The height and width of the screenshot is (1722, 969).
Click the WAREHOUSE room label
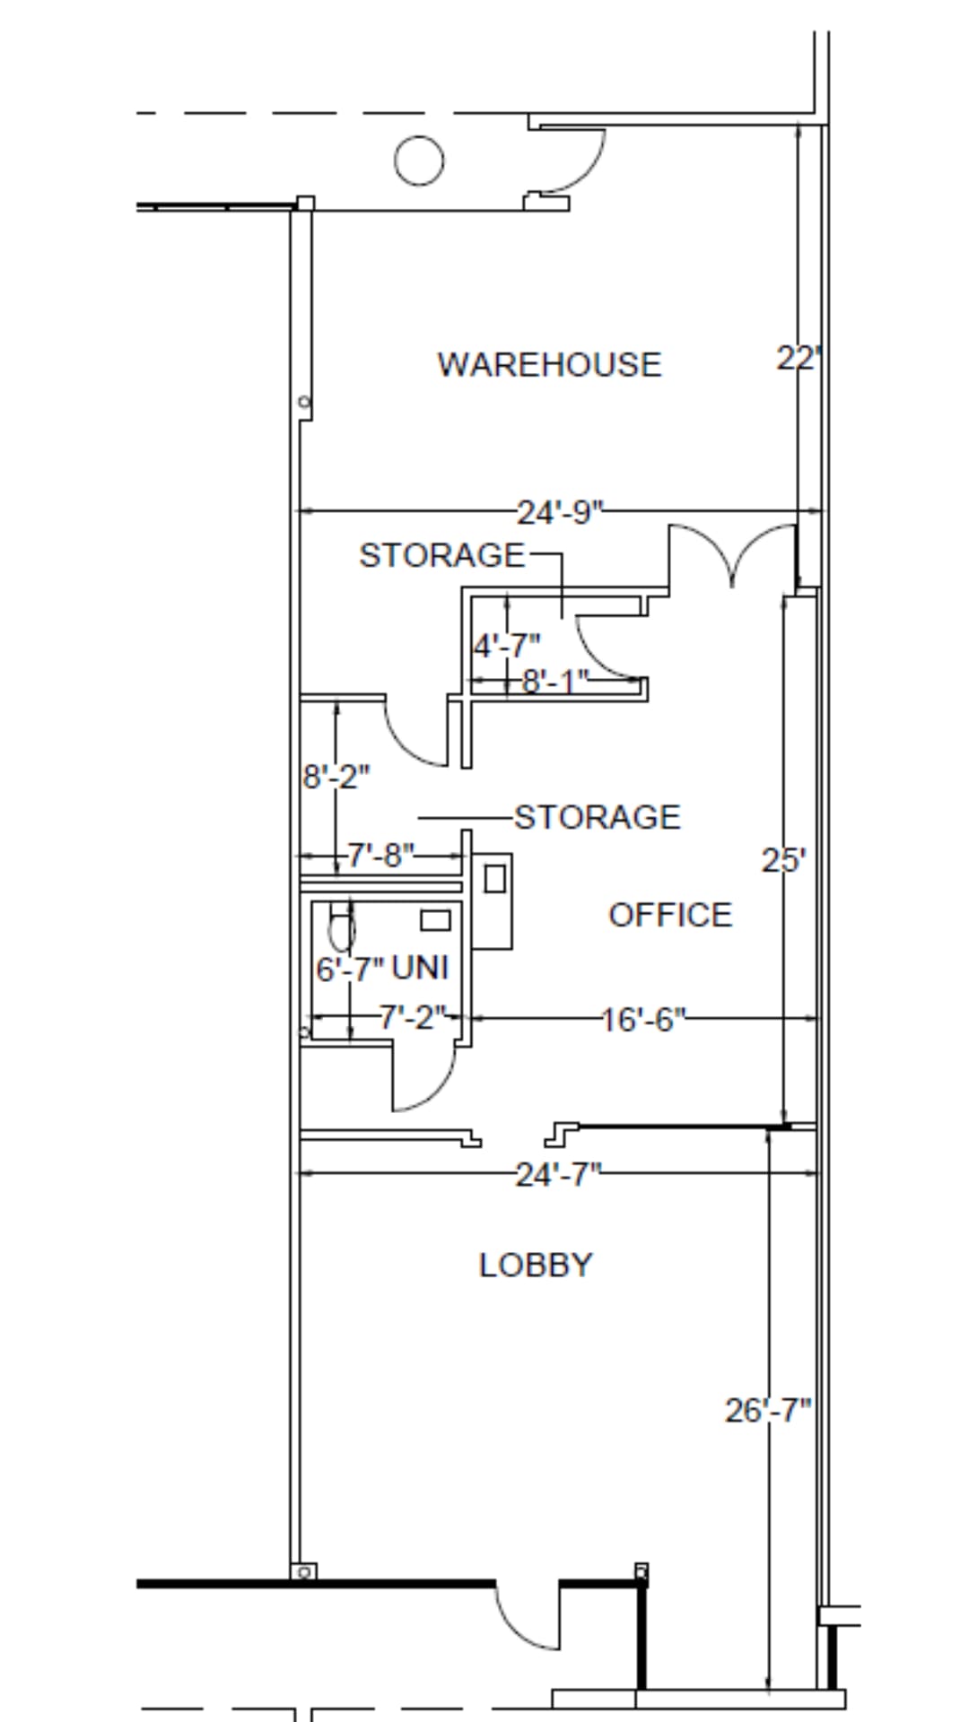[549, 365]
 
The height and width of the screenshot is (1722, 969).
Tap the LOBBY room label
[536, 1265]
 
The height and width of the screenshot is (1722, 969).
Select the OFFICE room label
[670, 915]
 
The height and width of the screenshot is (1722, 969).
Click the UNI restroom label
[420, 968]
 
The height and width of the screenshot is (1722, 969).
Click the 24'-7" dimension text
[557, 1174]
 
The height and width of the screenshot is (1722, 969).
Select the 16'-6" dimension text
[643, 1020]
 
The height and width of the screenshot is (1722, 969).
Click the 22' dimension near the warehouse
[798, 359]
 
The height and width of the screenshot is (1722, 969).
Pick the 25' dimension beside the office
[783, 861]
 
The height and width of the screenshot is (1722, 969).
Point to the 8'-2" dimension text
[336, 776]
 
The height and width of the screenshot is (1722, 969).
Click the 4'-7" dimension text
[507, 645]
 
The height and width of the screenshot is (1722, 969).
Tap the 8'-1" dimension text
[555, 683]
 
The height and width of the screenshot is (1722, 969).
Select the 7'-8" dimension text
[381, 855]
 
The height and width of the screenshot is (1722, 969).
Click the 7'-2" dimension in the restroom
[412, 1018]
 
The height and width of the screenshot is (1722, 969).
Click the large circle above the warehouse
[419, 161]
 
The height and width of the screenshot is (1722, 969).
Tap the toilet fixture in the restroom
[341, 929]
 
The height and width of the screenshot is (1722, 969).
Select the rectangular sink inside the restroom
[435, 920]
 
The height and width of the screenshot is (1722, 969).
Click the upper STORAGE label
[442, 556]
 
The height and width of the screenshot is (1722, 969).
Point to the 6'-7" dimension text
[350, 969]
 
